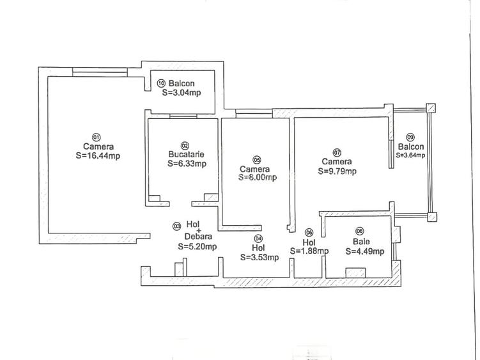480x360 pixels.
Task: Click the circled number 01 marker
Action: pyautogui.click(x=96, y=137)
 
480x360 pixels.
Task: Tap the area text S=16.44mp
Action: pyautogui.click(x=98, y=156)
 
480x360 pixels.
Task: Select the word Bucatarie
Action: pyautogui.click(x=187, y=154)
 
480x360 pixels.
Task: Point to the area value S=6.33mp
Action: pyautogui.click(x=187, y=164)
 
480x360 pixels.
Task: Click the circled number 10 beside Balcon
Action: pyautogui.click(x=161, y=83)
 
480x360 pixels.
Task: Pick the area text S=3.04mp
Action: pyautogui.click(x=182, y=93)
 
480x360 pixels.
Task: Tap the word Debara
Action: pyautogui.click(x=198, y=237)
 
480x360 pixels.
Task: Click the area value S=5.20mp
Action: pyautogui.click(x=197, y=246)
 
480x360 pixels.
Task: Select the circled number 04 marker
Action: pyautogui.click(x=259, y=238)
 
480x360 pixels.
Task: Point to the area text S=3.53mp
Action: pyautogui.click(x=259, y=257)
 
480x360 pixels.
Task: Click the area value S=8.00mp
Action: pyautogui.click(x=258, y=177)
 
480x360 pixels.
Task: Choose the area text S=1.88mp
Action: pyautogui.click(x=309, y=251)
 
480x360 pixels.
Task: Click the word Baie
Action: pyautogui.click(x=361, y=242)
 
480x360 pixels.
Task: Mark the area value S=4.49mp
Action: pyautogui.click(x=365, y=251)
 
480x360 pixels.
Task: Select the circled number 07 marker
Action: pyautogui.click(x=337, y=152)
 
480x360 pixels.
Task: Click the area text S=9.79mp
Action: pyautogui.click(x=337, y=171)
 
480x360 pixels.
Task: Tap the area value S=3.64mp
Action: pyautogui.click(x=410, y=155)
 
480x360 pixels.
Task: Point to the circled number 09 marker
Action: pyautogui.click(x=410, y=137)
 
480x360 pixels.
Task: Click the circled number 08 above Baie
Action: pyautogui.click(x=360, y=231)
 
